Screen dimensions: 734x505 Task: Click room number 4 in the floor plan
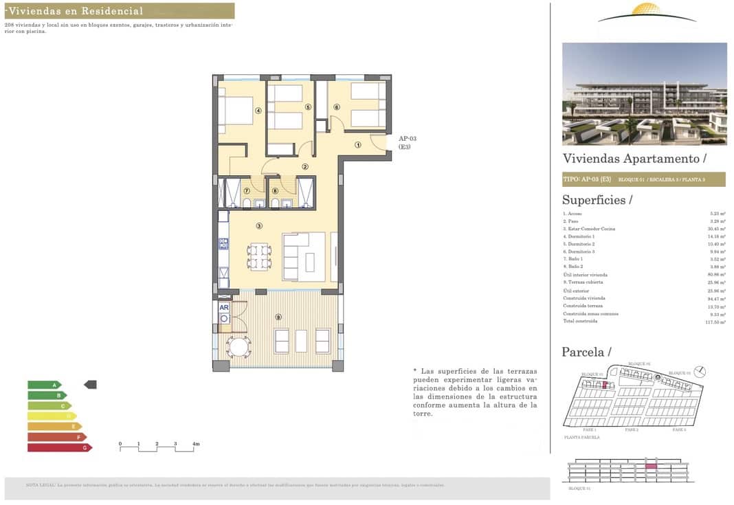(x=258, y=110)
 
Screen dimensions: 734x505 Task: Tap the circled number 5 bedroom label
(x=309, y=107)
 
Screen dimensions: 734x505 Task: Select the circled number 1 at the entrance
(x=358, y=145)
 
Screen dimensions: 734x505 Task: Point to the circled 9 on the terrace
(x=278, y=317)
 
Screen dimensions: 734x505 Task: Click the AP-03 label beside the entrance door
(x=408, y=139)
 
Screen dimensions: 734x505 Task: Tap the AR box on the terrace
(x=224, y=308)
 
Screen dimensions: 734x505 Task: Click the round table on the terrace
(x=239, y=347)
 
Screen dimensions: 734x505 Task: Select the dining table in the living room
(x=258, y=256)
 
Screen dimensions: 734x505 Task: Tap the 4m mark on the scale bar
(x=196, y=445)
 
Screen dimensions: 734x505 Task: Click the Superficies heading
(x=594, y=200)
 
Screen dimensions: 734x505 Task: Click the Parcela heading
(x=586, y=352)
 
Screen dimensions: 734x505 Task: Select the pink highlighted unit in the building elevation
(x=650, y=467)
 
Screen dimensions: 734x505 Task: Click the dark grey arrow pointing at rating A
(x=90, y=385)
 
